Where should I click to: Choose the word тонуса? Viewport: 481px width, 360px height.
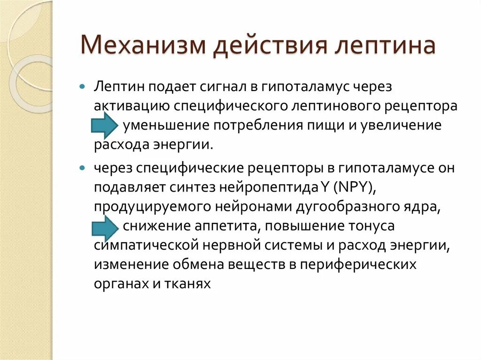coord(371,227)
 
